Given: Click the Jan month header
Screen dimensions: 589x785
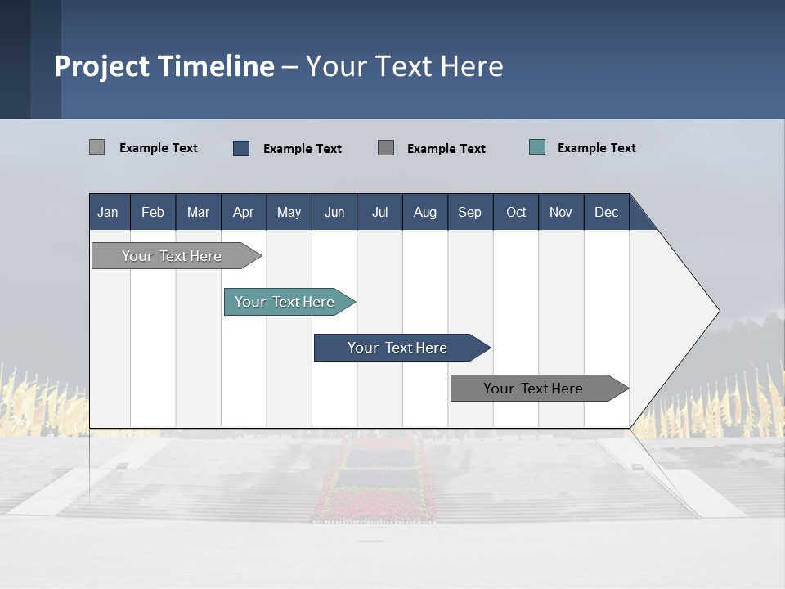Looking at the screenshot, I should click(108, 212).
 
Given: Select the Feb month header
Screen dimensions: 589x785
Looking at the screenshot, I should click(153, 212).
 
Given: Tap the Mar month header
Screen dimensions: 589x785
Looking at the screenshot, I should click(198, 212).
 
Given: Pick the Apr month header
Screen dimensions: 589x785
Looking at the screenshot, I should click(243, 212).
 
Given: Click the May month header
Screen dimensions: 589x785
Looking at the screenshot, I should click(289, 212).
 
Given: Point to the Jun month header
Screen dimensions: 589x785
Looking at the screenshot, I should click(334, 212).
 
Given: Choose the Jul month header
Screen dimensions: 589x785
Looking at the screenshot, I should click(379, 212).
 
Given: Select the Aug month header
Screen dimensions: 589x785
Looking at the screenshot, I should click(424, 212).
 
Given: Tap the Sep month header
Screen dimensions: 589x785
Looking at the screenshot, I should click(469, 212).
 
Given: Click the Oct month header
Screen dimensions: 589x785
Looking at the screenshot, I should click(516, 212).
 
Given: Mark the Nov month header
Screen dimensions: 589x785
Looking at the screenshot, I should click(561, 212).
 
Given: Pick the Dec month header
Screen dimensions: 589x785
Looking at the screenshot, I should click(606, 212).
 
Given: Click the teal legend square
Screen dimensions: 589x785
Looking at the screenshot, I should click(537, 147).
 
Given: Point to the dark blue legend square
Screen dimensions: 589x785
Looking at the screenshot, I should click(241, 148).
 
